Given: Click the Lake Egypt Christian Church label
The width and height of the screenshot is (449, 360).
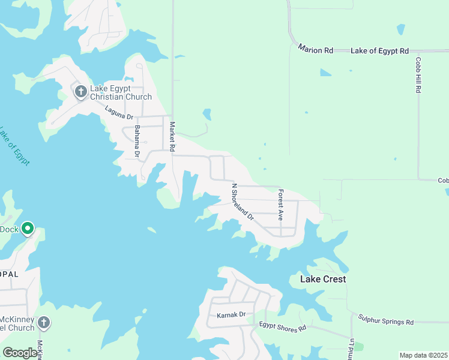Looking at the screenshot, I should click(121, 92).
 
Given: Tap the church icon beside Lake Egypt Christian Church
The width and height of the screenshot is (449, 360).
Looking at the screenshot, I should click(80, 92).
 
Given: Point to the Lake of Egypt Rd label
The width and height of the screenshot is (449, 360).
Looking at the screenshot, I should click(379, 51).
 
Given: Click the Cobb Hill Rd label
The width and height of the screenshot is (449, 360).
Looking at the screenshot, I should click(418, 75).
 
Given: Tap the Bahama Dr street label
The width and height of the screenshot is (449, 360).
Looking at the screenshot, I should click(137, 142).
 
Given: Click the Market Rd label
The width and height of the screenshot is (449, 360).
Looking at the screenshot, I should click(172, 136).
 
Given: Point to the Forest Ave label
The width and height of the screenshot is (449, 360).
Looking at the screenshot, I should click(280, 205).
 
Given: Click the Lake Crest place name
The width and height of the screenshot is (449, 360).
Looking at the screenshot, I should click(322, 279).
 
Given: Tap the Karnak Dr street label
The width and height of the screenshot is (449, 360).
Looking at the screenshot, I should click(231, 314).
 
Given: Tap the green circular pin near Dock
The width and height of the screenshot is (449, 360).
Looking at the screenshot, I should click(28, 229).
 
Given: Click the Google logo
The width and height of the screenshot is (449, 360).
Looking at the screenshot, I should click(20, 353).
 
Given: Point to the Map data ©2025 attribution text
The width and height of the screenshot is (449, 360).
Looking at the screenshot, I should click(423, 355).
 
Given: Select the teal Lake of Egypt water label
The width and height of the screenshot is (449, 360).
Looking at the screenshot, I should click(14, 147).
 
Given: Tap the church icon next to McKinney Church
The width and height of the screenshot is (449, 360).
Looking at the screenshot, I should click(43, 323).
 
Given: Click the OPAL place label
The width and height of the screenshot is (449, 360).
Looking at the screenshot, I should click(10, 274).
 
